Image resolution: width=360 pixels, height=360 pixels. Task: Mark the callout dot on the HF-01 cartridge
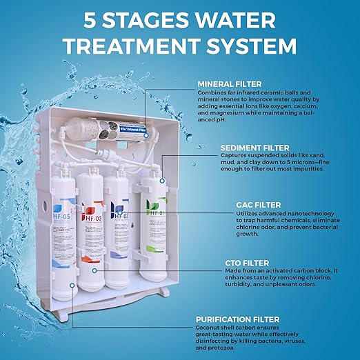(161, 181)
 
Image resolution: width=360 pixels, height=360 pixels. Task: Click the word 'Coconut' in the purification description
(210, 328)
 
